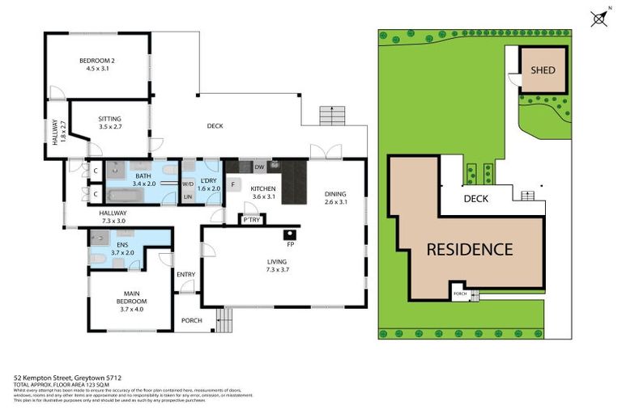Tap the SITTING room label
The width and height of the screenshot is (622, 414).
[x=109, y=118]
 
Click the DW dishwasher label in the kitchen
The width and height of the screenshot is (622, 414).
[x=259, y=167]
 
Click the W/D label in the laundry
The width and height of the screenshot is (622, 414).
[x=187, y=184]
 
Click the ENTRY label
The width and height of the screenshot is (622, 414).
[x=186, y=275]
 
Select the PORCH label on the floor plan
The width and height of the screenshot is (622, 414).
[x=192, y=319]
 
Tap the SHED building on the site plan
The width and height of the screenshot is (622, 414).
[x=543, y=70]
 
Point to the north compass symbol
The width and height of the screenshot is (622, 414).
[x=600, y=18]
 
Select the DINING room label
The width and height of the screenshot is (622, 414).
[x=335, y=193]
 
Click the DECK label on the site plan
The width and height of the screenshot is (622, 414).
[x=475, y=198]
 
